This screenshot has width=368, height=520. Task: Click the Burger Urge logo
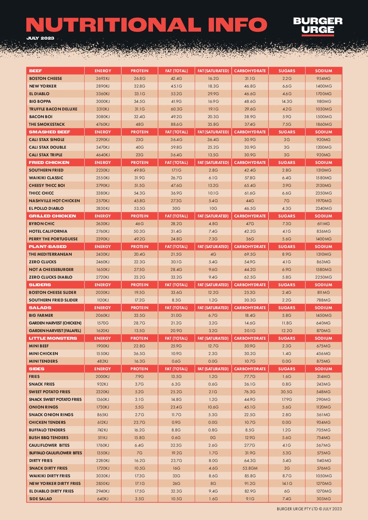[318, 26]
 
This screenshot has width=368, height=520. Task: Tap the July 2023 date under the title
[40, 38]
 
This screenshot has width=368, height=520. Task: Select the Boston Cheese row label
[46, 79]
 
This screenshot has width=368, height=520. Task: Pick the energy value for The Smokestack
[103, 124]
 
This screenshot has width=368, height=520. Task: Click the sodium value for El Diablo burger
[323, 94]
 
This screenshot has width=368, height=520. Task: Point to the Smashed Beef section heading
[49, 132]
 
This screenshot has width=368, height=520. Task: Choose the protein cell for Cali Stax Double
[139, 147]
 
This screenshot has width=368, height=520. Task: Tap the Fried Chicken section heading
[49, 163]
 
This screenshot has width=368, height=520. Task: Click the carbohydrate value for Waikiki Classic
[250, 178]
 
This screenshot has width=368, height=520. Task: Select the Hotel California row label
[48, 231]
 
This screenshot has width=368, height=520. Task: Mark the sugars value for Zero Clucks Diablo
[287, 277]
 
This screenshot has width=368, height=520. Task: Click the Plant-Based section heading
[48, 247]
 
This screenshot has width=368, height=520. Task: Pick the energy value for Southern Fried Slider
[103, 300]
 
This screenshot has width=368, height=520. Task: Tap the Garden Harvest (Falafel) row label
[55, 331]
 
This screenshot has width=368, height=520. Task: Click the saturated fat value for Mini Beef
[213, 346]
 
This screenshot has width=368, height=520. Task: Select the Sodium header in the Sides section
[323, 369]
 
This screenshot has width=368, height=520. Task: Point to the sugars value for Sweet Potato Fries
[287, 392]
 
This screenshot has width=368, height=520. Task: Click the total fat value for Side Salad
[176, 499]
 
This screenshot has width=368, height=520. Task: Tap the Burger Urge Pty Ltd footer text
[309, 509]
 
